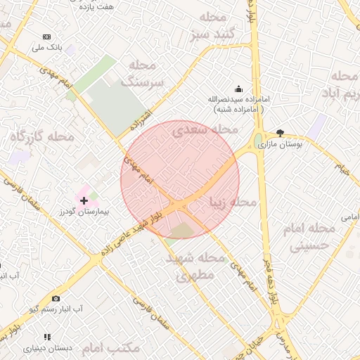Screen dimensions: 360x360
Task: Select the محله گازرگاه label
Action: tap(42, 137)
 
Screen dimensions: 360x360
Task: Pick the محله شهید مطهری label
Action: tap(195, 266)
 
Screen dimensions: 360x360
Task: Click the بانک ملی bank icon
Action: tap(47, 37)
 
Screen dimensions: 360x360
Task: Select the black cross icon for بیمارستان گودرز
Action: tap(84, 200)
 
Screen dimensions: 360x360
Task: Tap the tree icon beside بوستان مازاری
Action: tap(281, 132)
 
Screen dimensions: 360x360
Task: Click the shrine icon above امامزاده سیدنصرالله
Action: tap(238, 89)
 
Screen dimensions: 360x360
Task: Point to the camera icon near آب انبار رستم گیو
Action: tap(56, 299)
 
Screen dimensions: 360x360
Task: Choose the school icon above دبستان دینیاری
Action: tap(47, 337)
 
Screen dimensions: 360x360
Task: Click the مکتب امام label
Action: tap(111, 348)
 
